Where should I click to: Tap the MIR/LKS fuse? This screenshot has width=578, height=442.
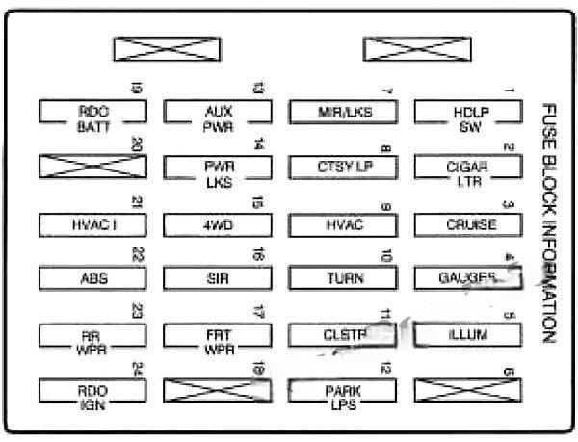point(344,113)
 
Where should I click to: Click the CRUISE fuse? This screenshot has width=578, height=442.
point(469,224)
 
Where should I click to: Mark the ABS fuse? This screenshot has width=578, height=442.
point(93,279)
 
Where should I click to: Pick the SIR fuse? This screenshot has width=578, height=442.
point(219,279)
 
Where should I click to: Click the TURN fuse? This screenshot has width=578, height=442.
point(344,279)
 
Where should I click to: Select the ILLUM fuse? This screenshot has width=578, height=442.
point(469,335)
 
